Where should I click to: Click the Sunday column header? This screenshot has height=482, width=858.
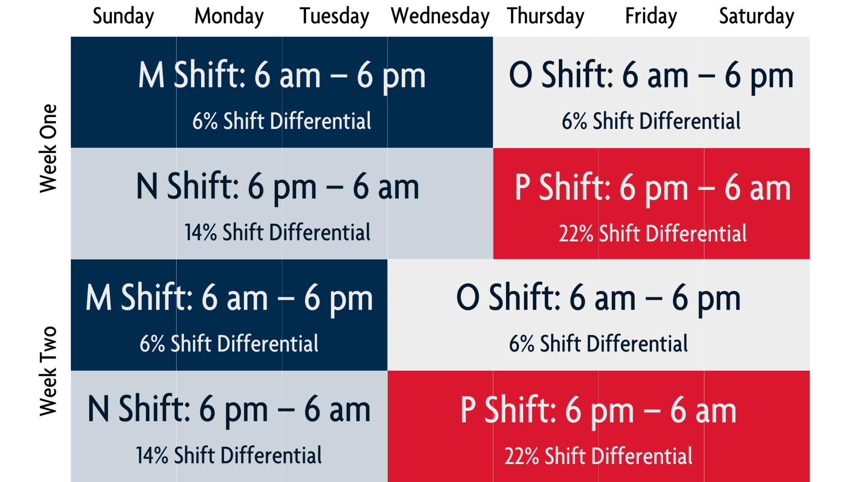pos(123,17)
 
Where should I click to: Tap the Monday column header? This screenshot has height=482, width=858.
pos(229,17)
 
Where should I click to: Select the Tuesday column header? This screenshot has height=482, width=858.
pos(334,17)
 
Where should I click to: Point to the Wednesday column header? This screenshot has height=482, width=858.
pos(440,17)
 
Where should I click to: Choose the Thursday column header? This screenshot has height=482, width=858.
pos(545,17)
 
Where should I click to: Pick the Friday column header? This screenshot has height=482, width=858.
pos(651,17)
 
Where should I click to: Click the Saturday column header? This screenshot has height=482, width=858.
pos(757,17)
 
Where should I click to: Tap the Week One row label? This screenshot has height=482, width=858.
pos(48,149)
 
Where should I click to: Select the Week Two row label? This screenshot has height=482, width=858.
pos(48,371)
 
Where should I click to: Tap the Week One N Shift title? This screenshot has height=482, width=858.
pos(278,187)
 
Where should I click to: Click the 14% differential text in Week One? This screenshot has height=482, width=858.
pos(278,233)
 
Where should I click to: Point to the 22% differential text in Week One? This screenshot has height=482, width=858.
pos(653,233)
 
